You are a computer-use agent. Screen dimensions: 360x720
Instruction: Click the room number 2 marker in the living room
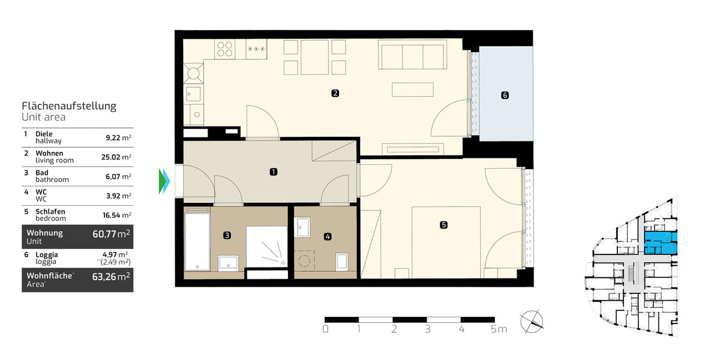pos(335,93)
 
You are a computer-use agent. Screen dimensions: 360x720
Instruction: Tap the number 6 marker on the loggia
pos(505,95)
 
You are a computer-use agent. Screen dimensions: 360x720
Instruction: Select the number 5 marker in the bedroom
pos(443,225)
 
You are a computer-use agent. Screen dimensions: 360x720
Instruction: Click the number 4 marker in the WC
pos(327,236)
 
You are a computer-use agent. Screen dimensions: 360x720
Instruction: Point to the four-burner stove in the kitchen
pos(226,48)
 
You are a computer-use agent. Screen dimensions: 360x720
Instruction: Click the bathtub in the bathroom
pos(197,240)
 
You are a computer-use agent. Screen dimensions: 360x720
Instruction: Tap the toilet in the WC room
pos(342,260)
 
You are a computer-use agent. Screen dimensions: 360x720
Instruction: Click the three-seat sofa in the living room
pos(413,56)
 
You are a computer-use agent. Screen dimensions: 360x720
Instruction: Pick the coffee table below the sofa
pos(413,89)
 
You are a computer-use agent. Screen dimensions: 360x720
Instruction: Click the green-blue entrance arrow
pos(164,181)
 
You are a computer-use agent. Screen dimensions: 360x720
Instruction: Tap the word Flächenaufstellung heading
pos(69,106)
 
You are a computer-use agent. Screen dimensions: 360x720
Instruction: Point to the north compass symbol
pos(532,320)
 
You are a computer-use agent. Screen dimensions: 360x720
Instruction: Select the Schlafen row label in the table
pos(50,211)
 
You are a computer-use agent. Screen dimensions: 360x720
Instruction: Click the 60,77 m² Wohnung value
pos(111,234)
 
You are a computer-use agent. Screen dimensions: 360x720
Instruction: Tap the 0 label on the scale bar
pos(325,329)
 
